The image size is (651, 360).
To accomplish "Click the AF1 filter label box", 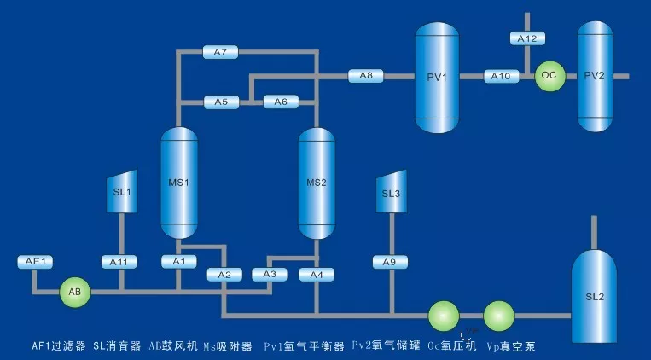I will click(x=36, y=261).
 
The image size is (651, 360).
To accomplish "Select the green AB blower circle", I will click(x=74, y=292).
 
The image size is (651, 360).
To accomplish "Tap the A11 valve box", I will click(x=119, y=261).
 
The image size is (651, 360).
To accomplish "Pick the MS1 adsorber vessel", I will click(x=179, y=182).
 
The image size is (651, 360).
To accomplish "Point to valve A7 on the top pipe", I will click(x=220, y=52).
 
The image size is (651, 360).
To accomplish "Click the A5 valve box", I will click(x=221, y=102).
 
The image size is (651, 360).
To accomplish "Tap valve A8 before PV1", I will click(x=365, y=77).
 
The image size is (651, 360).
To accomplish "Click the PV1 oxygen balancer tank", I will click(x=438, y=77).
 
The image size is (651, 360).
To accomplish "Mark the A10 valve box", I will click(x=502, y=77).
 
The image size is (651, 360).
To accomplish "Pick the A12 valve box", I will click(x=527, y=39).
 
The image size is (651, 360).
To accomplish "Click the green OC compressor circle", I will click(x=549, y=76).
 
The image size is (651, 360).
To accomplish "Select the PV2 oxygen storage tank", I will click(x=595, y=76).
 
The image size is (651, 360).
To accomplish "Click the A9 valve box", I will click(x=390, y=261).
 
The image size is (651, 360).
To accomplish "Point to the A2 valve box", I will click(x=224, y=275).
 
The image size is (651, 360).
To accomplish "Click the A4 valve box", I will click(x=317, y=275).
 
